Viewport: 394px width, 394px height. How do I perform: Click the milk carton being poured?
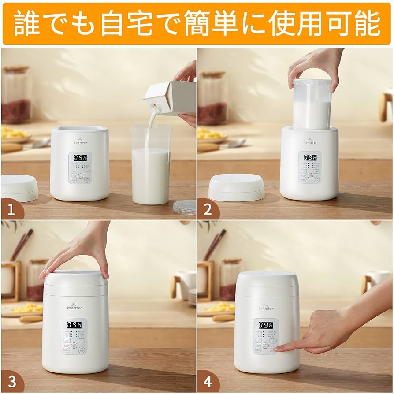(x=172, y=98)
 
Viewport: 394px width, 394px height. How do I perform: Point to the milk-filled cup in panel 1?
(x=151, y=172)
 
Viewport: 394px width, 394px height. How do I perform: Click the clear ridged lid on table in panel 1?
(x=185, y=207)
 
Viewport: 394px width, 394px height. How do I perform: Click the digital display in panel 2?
(x=310, y=157)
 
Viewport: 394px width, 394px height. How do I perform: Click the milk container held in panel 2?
(x=312, y=106)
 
